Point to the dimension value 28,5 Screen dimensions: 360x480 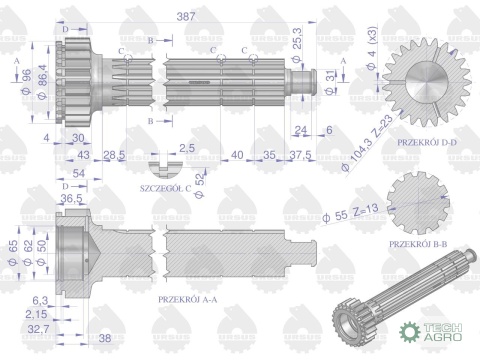[114, 154]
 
